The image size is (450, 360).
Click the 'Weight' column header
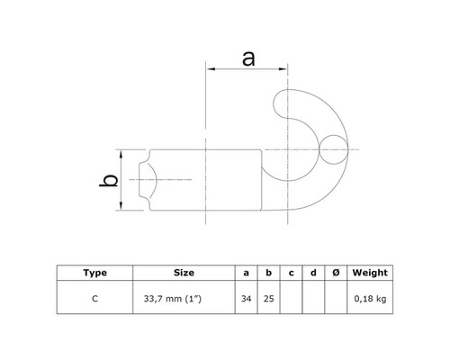(369, 272)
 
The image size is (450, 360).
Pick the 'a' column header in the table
(247, 272)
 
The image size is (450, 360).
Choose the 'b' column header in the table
(268, 272)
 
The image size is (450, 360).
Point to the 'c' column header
(290, 272)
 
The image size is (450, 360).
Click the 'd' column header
(311, 272)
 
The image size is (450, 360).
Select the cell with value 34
(247, 296)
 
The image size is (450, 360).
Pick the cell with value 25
(268, 296)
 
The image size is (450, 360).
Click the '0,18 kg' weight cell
(369, 296)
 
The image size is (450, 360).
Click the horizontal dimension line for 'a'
(248, 69)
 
